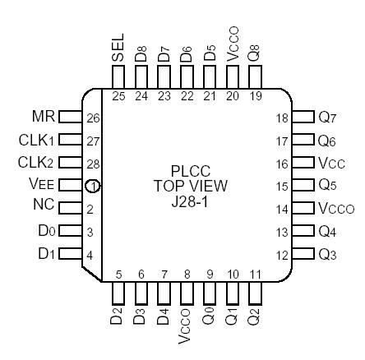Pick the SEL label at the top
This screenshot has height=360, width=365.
[x=118, y=48]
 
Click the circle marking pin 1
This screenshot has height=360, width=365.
[x=92, y=186]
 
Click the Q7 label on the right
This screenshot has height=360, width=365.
[x=330, y=118]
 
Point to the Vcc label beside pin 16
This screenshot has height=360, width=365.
[x=333, y=164]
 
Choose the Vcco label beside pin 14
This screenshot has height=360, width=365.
[x=337, y=209]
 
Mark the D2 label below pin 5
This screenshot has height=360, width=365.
[x=118, y=316]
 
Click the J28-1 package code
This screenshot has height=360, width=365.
[x=182, y=200]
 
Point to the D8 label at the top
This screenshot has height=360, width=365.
[x=141, y=54]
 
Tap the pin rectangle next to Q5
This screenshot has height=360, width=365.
[x=303, y=186]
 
